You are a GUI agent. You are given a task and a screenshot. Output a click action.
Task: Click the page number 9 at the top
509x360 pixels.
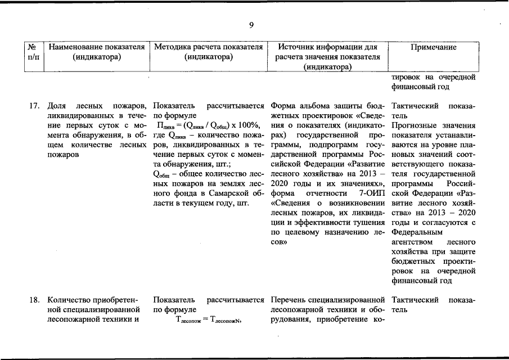(251, 24)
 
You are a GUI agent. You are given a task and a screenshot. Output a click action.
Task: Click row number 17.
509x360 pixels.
(34, 106)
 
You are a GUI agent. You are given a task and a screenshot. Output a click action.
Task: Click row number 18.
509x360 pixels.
(34, 300)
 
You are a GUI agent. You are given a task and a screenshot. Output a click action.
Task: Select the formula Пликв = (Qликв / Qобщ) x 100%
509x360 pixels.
(209, 125)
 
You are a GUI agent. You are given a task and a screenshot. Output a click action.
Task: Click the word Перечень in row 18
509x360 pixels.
(289, 300)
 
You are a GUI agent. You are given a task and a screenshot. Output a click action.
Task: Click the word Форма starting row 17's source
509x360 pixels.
(282, 106)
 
